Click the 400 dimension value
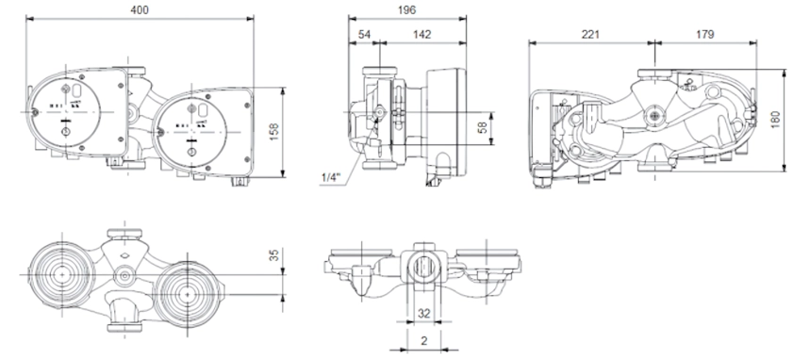coord(140,9)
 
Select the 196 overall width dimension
coord(407,9)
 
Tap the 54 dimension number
coord(364,35)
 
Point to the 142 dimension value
coord(422,35)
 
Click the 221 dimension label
coord(590,35)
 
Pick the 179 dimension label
coord(704,35)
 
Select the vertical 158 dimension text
coord(274,132)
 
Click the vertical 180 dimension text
coord(775,120)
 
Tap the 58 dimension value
coord(483,127)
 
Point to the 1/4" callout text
coord(331,178)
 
